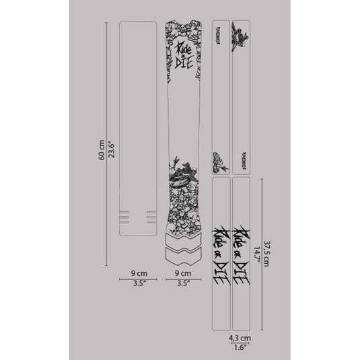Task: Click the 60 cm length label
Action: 100,155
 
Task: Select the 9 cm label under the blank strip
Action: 137,273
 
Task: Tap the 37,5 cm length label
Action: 266,254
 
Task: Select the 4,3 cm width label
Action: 240,338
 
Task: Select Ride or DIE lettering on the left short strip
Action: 221,256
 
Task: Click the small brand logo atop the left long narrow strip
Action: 218,30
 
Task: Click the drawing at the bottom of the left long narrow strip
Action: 218,159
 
